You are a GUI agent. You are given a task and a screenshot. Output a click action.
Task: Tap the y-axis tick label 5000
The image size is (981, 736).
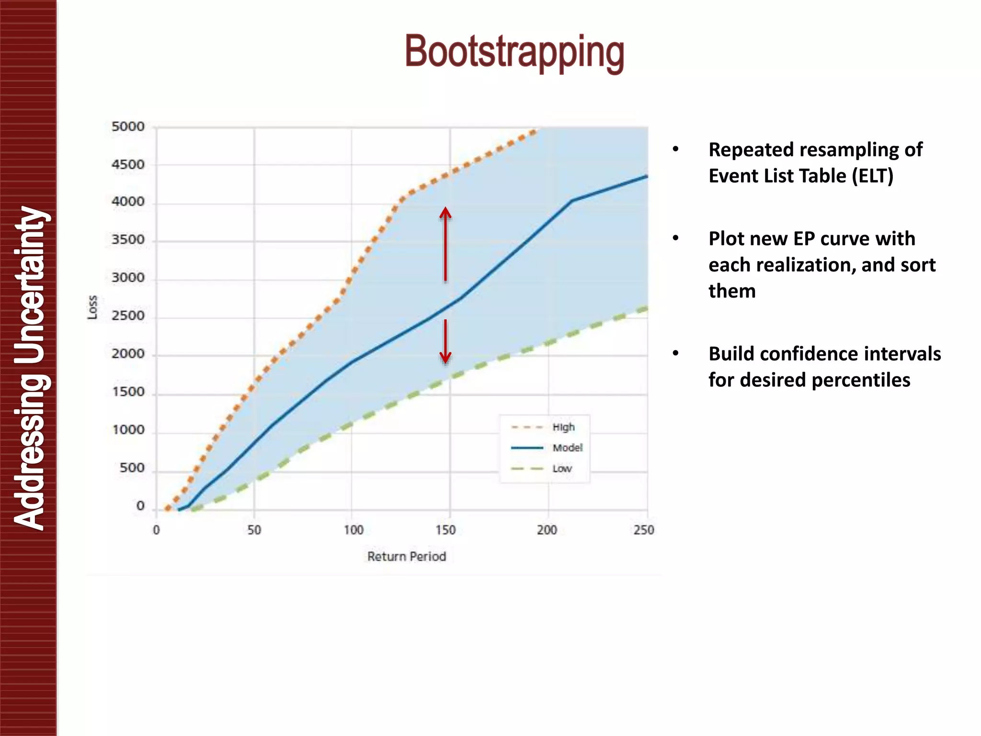[x=128, y=127]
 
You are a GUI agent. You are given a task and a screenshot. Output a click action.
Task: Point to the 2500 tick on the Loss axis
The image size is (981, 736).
[x=128, y=316]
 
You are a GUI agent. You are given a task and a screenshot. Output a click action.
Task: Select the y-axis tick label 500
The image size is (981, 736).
[x=132, y=468]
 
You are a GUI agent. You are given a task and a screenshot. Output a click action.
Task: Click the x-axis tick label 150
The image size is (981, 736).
[x=445, y=530]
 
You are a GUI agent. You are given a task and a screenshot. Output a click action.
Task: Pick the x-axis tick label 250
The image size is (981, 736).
[x=643, y=530]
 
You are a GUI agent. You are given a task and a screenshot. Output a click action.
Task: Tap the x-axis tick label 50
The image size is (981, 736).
[x=254, y=530]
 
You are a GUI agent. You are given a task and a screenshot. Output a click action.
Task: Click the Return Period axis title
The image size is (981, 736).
[x=407, y=556]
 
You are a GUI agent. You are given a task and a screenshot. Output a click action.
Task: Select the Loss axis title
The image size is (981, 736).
[x=92, y=307]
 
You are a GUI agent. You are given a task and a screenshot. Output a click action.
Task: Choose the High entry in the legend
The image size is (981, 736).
[x=563, y=427]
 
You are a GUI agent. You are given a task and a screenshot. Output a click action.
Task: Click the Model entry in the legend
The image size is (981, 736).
[x=567, y=448]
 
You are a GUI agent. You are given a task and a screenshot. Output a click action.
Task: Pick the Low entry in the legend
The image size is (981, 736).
[x=562, y=469]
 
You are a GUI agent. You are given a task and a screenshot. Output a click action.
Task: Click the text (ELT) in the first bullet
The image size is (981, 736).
[x=872, y=176]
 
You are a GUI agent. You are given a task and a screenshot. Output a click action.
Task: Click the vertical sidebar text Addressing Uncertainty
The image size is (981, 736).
[x=30, y=368]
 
